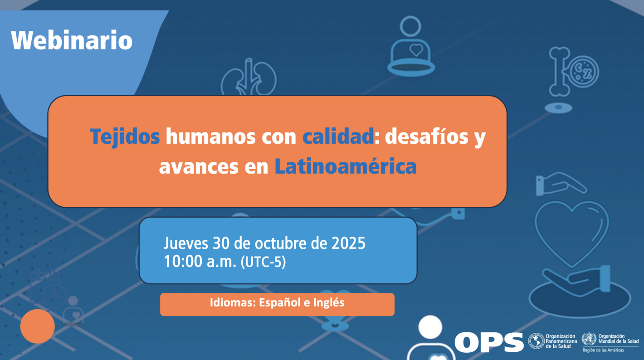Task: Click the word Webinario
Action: coord(72,40)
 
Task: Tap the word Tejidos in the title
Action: coord(125,136)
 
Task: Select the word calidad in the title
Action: coord(338,136)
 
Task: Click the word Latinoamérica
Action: coord(345,166)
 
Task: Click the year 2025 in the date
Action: coord(348,243)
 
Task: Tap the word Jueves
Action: coord(185,244)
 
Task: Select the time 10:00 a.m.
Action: coord(200,262)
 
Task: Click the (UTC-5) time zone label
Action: coord(263,262)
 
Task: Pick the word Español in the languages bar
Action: coord(278,302)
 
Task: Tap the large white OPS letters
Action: coord(489,342)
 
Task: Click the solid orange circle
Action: coord(38,326)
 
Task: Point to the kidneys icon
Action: coord(248,78)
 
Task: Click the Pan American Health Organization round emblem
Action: coord(536,341)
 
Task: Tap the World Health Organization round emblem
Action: coord(589,339)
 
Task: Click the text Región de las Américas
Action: coord(603,350)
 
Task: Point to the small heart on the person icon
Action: coord(416,50)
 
